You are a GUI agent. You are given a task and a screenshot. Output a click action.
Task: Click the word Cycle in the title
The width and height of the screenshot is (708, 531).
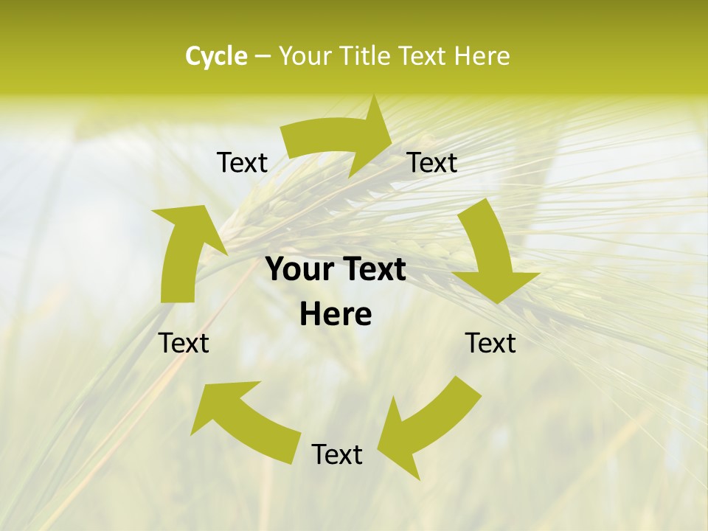(x=216, y=56)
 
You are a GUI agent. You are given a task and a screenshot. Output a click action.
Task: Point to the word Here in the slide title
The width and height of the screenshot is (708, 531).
(x=482, y=56)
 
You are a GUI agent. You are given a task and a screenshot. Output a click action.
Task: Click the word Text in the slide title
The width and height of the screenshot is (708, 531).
(x=421, y=56)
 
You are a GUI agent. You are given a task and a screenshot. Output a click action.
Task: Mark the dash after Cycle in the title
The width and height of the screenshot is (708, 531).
(x=263, y=57)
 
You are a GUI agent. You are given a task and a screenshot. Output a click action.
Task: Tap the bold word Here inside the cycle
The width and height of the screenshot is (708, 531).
(x=336, y=315)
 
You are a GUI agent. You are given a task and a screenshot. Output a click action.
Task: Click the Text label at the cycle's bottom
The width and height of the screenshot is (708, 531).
(x=337, y=454)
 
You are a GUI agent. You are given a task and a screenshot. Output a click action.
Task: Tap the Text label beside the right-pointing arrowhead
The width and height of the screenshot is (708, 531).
(x=432, y=162)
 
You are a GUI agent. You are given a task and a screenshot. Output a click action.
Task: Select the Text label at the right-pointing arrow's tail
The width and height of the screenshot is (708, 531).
(x=242, y=162)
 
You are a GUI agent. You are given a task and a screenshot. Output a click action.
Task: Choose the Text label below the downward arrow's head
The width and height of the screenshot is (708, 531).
(x=490, y=343)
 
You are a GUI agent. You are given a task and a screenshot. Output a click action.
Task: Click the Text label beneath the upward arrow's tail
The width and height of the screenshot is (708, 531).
(x=184, y=343)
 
